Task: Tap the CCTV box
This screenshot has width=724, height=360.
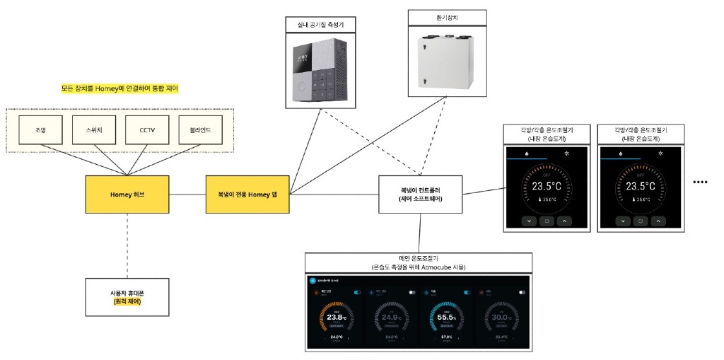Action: (x=146, y=131)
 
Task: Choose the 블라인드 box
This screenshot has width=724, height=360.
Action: (x=201, y=131)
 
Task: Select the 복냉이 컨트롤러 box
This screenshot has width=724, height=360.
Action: (x=420, y=194)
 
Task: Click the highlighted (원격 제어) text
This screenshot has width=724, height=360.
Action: (x=127, y=302)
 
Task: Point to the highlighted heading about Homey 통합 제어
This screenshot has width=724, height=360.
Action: (x=119, y=89)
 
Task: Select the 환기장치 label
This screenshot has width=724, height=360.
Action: (x=448, y=16)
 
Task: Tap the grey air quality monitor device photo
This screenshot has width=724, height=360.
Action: (x=321, y=69)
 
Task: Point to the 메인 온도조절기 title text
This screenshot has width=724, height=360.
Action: (x=420, y=258)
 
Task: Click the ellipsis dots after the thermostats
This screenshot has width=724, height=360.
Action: (x=700, y=182)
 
